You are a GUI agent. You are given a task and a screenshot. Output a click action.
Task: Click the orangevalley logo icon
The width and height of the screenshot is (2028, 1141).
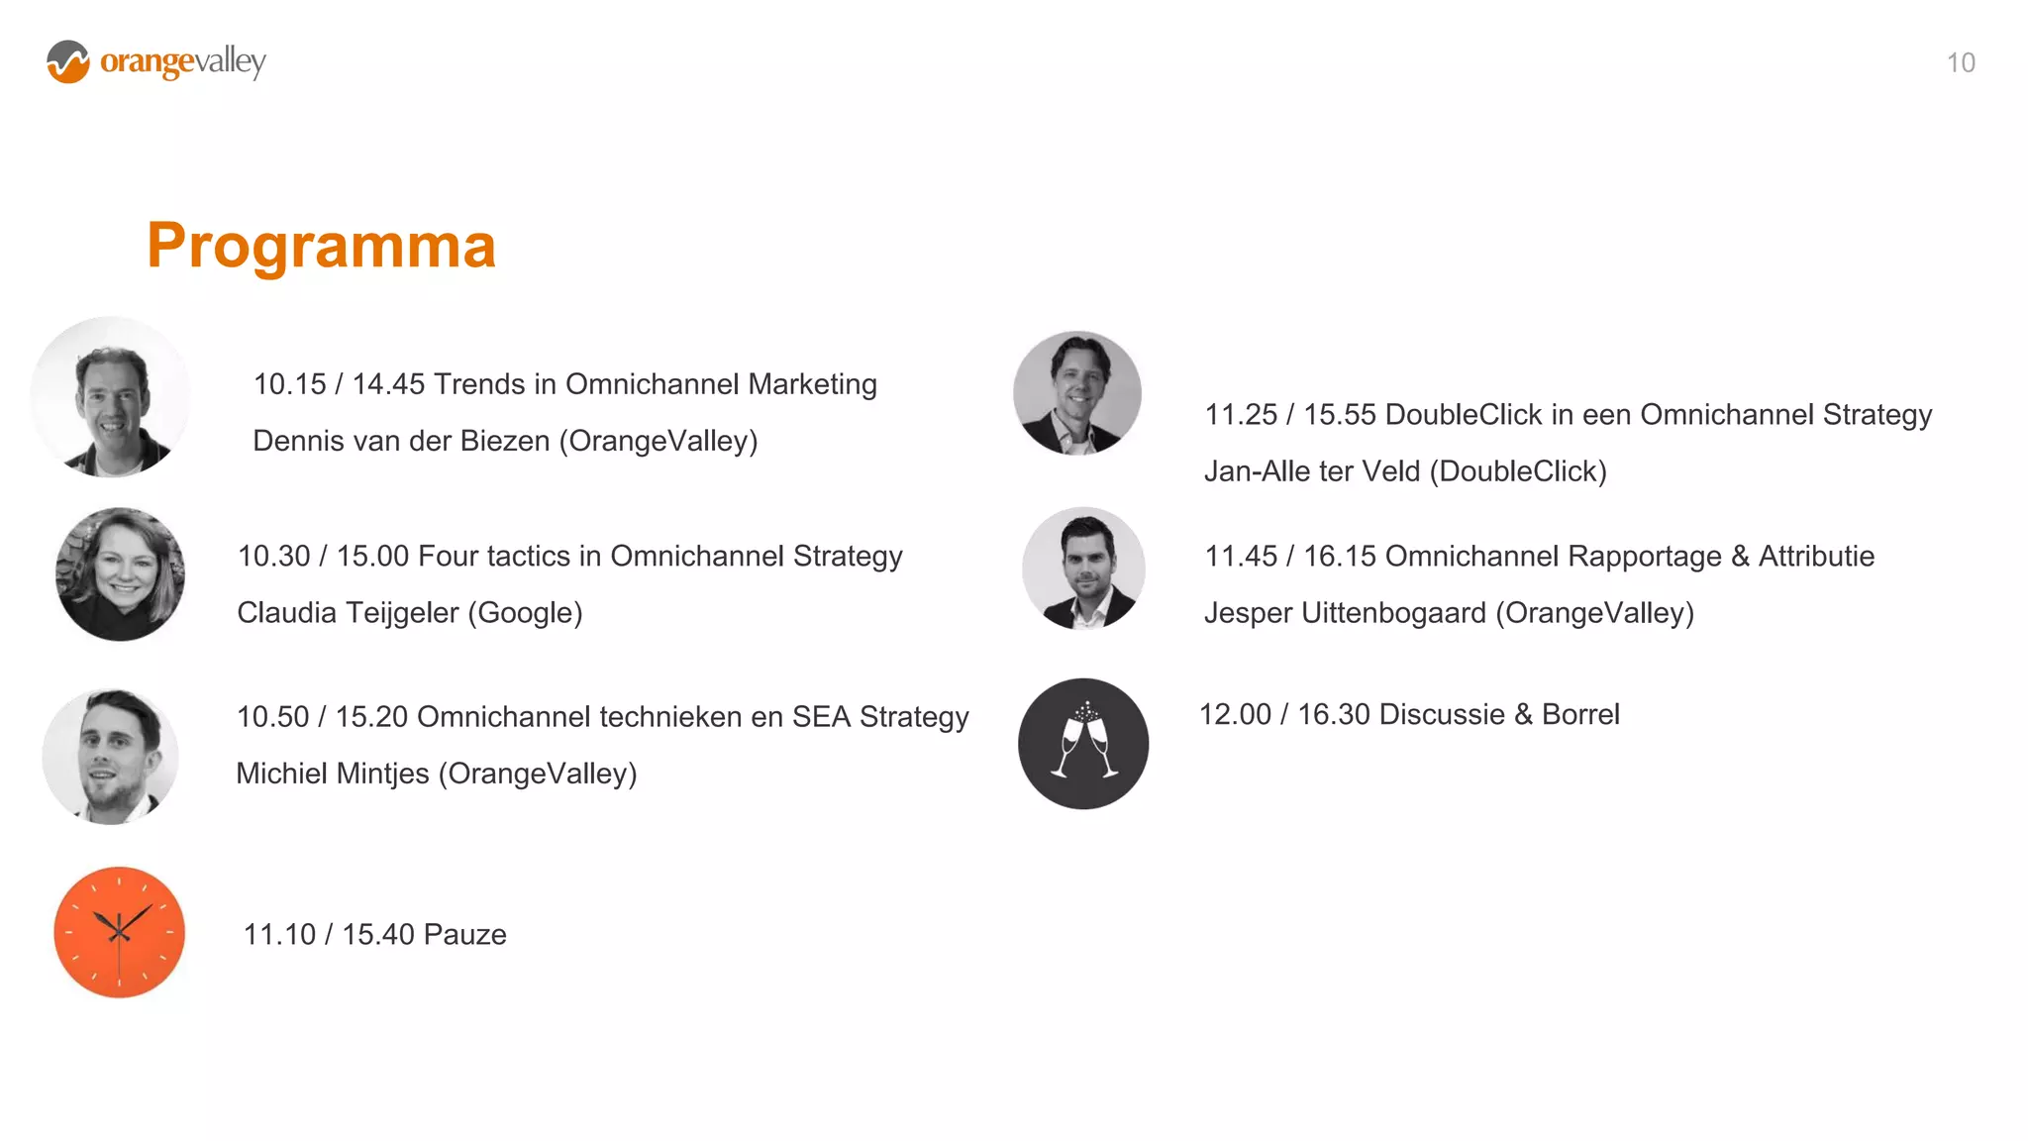coord(68,61)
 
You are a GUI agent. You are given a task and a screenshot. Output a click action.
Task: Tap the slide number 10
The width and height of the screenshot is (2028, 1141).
coord(1960,62)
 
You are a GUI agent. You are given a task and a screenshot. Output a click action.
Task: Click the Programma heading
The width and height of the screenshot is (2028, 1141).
coord(321,246)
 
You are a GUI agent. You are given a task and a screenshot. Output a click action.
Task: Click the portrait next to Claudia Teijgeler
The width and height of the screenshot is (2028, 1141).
coord(120,574)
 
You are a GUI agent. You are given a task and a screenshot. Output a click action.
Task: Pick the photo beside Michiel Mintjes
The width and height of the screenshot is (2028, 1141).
coord(111,757)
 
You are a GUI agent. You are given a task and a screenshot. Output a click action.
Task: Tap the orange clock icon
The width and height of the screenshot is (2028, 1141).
coord(119,932)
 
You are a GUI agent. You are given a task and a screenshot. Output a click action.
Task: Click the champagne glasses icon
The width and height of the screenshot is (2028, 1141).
coord(1083,744)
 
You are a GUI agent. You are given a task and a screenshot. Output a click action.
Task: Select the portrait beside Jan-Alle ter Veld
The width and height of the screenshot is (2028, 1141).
coord(1077,393)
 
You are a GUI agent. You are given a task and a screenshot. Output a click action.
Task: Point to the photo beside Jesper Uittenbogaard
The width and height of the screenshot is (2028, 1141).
coord(1083,570)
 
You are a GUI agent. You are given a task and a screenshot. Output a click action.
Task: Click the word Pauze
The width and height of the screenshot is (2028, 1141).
coord(465,934)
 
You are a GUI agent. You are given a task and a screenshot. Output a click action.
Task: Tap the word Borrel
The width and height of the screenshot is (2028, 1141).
coord(1580,714)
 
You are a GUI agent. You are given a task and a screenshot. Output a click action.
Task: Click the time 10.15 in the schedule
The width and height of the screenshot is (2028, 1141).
coord(289,384)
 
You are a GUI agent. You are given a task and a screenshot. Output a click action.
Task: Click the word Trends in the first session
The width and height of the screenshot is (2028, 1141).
coord(479,384)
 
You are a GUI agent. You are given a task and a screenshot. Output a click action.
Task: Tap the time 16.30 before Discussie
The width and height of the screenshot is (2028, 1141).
coord(1333,714)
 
